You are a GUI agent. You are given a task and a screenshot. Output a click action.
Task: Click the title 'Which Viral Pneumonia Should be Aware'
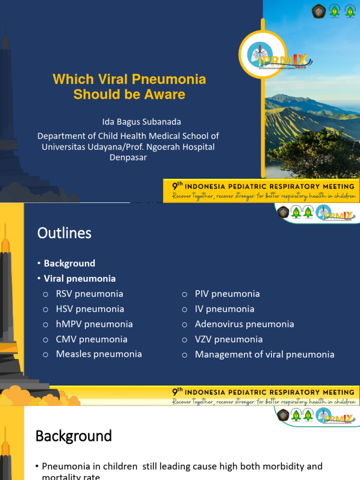tap(129, 86)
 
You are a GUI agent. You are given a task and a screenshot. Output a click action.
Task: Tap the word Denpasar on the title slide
tap(128, 157)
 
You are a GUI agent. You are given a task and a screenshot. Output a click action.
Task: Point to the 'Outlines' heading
tap(64, 233)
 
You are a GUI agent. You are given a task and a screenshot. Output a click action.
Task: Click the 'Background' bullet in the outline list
tap(69, 263)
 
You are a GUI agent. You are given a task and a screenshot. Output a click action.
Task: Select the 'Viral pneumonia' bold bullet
tap(80, 278)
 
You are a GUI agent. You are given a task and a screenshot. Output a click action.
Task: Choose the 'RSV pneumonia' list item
tap(90, 294)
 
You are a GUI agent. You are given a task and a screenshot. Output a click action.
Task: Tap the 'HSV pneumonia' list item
tap(90, 309)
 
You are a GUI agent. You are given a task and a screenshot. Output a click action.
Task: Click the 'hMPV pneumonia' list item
tap(94, 324)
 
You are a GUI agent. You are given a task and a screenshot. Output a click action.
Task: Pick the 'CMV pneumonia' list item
tap(91, 339)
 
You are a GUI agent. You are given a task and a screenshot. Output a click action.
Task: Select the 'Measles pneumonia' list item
tap(99, 354)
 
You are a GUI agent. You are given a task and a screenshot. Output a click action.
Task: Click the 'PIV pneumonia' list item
tap(227, 294)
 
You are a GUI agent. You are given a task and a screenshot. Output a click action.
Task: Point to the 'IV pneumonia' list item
tap(225, 309)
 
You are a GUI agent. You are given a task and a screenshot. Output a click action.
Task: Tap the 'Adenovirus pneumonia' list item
tap(245, 324)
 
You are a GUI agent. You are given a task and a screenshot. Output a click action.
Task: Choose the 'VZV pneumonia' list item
tap(229, 339)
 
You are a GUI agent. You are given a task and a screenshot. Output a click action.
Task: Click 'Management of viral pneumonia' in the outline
tap(265, 354)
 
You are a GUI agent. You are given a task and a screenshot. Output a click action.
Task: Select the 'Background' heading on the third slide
tap(74, 436)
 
